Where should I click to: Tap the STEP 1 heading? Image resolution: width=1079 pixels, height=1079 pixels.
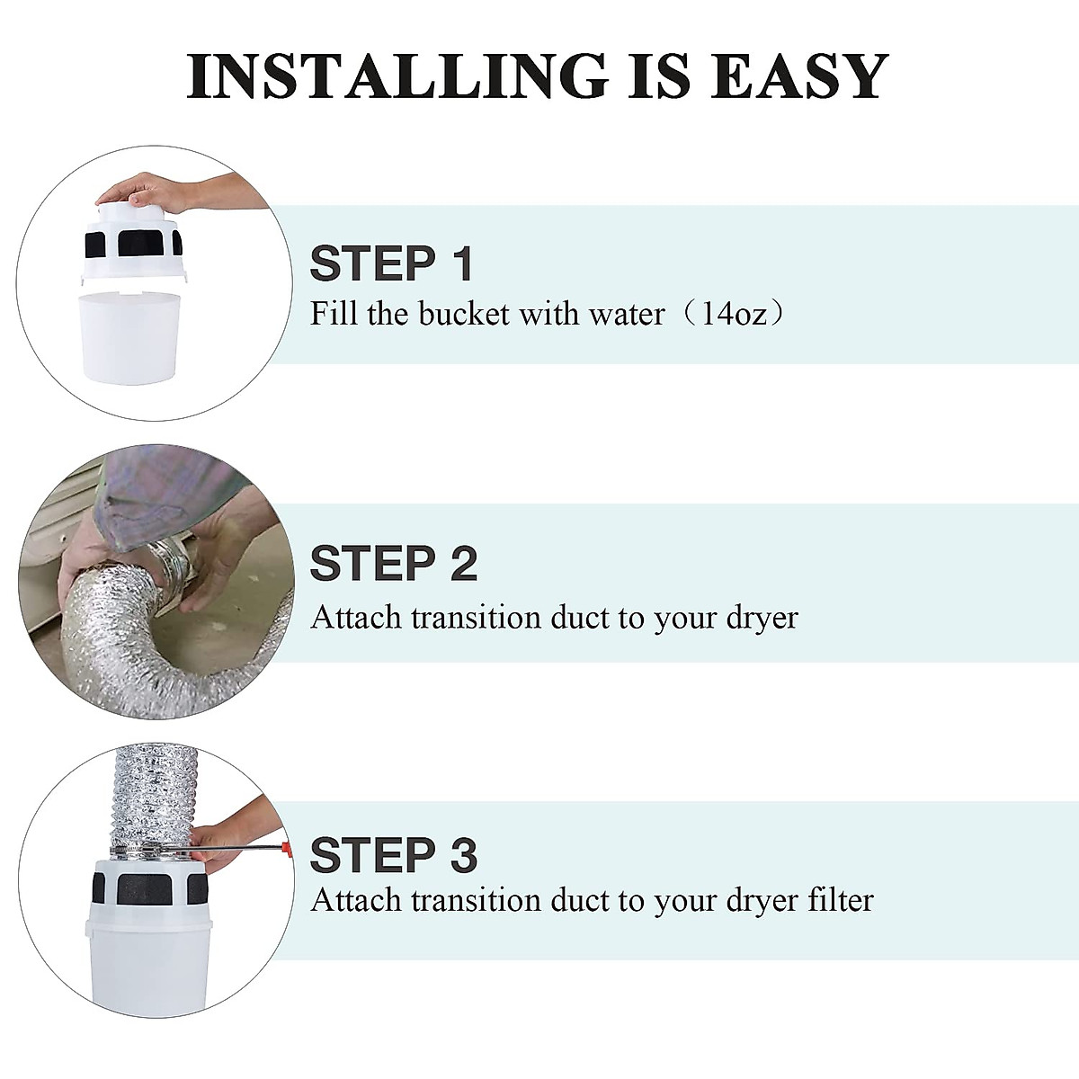(391, 263)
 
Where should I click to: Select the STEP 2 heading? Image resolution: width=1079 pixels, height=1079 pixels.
(393, 564)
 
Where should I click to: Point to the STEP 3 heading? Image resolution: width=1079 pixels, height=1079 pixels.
(393, 855)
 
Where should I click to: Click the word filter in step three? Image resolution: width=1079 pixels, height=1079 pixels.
(835, 900)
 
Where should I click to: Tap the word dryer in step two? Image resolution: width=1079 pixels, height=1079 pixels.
(762, 618)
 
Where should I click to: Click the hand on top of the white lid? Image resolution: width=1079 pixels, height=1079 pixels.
(144, 192)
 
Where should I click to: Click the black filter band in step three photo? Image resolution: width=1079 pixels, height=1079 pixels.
(148, 887)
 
